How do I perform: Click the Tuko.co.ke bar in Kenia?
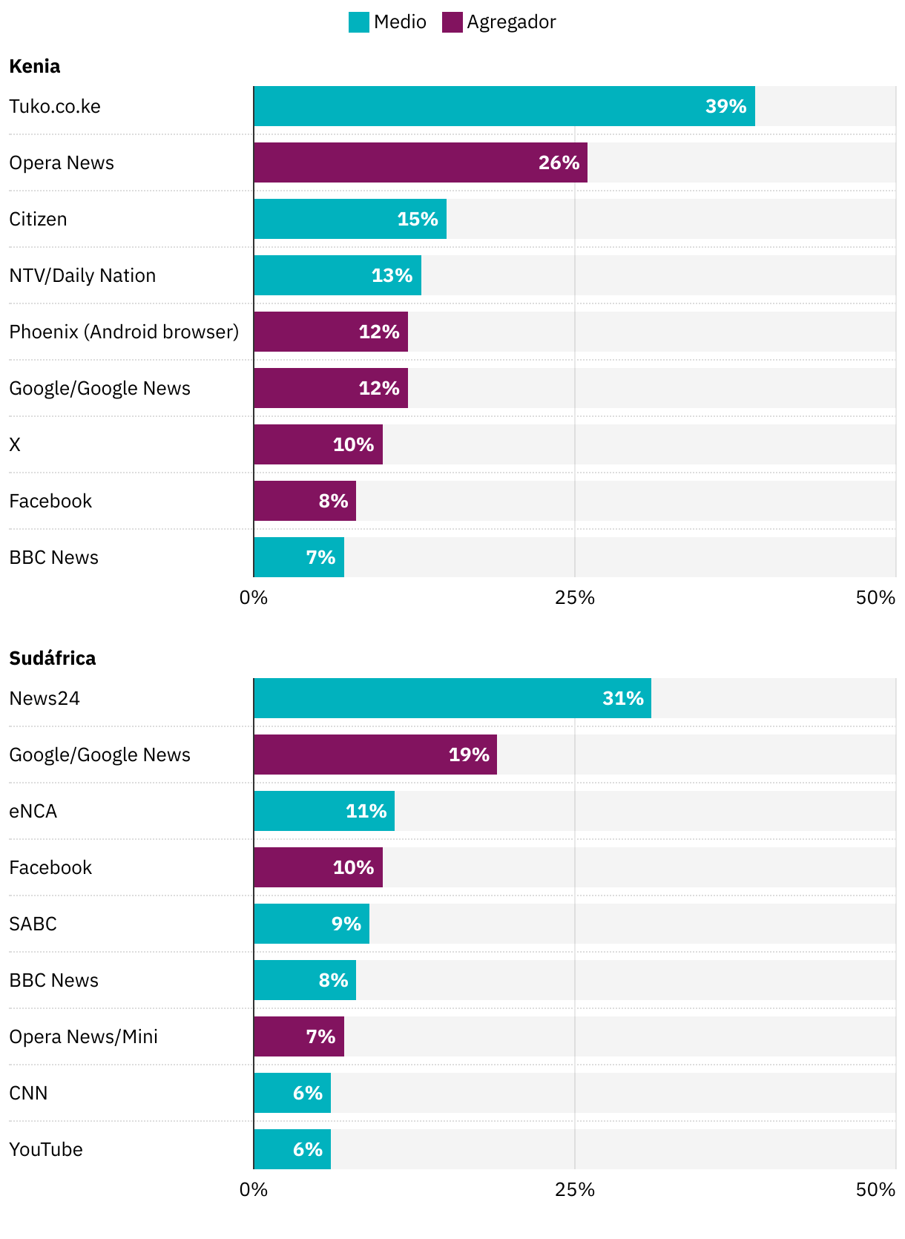pos(504,106)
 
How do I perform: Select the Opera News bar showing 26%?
pos(420,162)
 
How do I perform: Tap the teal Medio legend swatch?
pos(358,22)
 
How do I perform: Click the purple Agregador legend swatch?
pos(452,22)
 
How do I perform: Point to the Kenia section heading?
pos(35,66)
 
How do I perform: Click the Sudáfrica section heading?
pos(53,658)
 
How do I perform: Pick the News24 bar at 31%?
pos(452,698)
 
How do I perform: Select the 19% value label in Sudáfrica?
pos(469,755)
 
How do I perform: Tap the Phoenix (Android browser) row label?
pos(124,332)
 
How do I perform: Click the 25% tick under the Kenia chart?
pos(575,597)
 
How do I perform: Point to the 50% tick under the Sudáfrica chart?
pos(875,1189)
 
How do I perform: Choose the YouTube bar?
pos(292,1149)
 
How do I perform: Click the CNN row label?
pos(28,1093)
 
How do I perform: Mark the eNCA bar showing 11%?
pos(324,811)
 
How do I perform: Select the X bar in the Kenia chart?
pos(318,444)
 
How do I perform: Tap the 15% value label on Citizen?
pos(418,219)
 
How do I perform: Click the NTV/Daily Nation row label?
pos(82,275)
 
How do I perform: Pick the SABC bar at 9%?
pos(312,924)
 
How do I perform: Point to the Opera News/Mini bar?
pos(299,1036)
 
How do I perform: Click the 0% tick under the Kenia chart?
pos(254,597)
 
